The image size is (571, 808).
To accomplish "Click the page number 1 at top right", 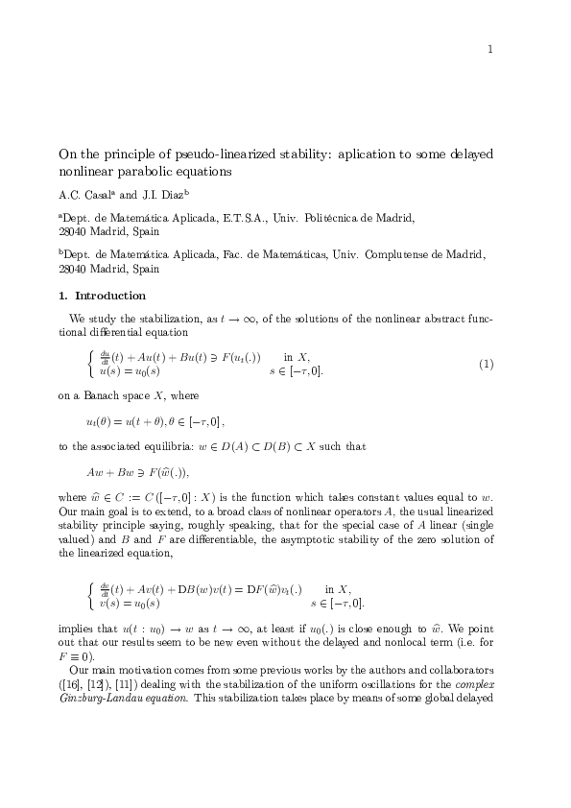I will point(490,50).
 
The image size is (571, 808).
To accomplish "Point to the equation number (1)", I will point(487,365).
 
